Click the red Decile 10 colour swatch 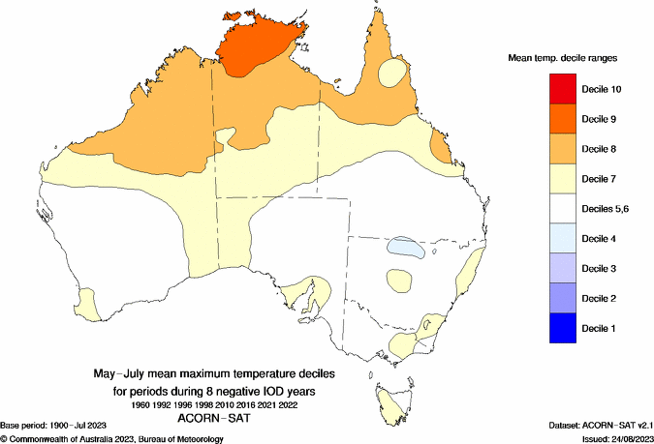[566, 89]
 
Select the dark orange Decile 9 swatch [566, 119]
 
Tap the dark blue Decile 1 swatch [566, 329]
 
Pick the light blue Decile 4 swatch [566, 239]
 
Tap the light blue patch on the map [405, 248]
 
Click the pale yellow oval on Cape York [393, 72]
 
